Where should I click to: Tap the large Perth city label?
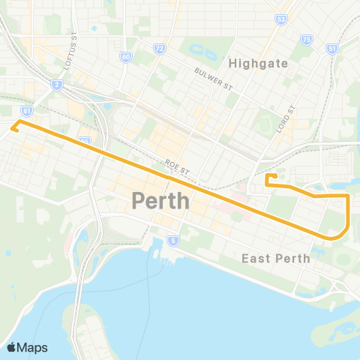tap(160, 201)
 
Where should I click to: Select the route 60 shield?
tap(125, 56)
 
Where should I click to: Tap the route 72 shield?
tap(159, 48)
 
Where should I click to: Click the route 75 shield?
tap(305, 39)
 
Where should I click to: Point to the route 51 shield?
tap(331, 48)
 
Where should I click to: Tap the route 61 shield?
tap(27, 109)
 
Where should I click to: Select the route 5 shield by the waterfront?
tap(173, 241)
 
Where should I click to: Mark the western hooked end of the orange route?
tap(14, 126)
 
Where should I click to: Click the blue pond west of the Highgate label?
tap(200, 52)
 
